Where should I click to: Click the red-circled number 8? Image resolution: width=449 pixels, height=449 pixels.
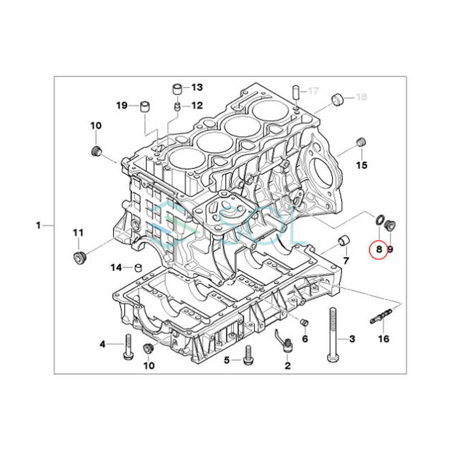tap(379, 250)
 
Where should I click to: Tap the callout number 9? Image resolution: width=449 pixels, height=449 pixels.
tap(390, 250)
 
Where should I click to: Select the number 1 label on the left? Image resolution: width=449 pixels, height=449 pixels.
tap(39, 225)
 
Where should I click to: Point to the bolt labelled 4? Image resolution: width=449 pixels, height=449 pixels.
tap(128, 347)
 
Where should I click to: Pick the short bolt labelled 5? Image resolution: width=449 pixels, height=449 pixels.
tap(248, 358)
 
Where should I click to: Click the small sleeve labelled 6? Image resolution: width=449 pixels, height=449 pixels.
tap(304, 323)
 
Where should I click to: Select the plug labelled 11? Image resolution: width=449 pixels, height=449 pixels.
tap(80, 258)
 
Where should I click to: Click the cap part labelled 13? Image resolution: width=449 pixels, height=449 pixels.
tap(177, 89)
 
